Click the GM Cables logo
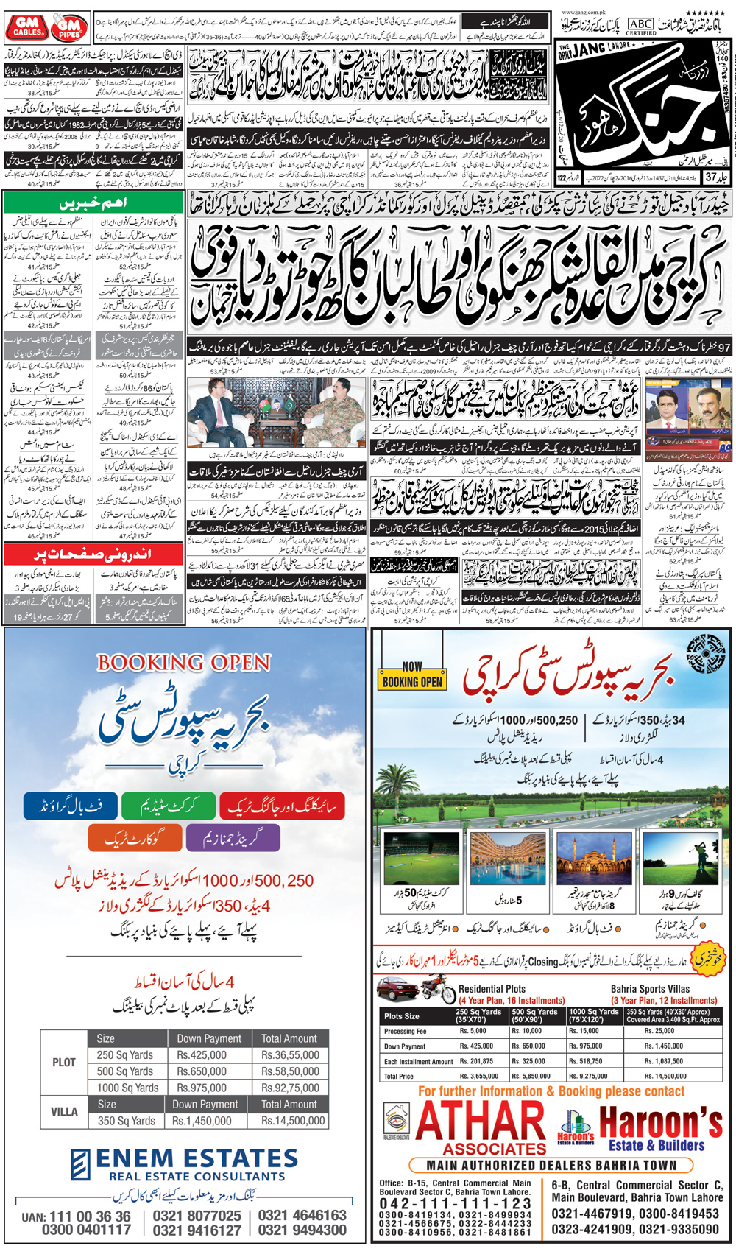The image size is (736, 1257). coord(27,27)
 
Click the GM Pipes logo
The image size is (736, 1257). coord(69,28)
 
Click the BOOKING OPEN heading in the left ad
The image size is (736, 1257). coord(184,663)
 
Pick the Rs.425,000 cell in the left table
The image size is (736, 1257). coord(201,1055)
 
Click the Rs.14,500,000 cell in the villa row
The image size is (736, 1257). coord(292,1121)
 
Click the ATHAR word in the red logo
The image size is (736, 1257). coord(481,1123)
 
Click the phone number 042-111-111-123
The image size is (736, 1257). coord(455,1203)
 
